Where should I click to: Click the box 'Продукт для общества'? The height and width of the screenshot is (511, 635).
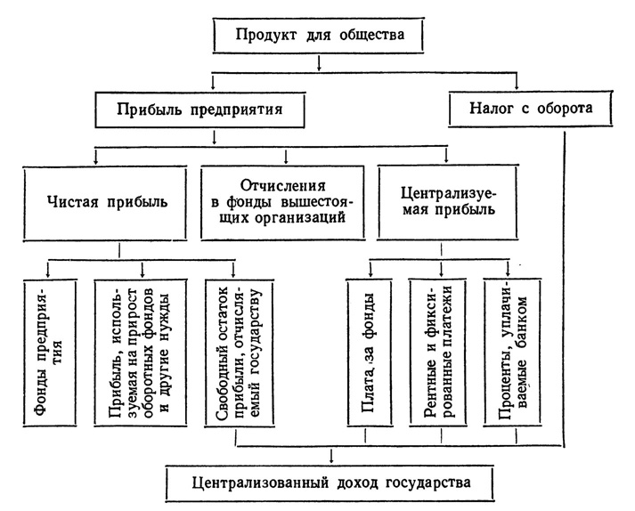318,36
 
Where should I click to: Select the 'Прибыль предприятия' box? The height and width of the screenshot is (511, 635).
199,109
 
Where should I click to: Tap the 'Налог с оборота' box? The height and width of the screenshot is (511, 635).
531,109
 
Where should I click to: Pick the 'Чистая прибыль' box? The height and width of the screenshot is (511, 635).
105,202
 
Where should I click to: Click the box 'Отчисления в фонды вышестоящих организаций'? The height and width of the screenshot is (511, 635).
282,202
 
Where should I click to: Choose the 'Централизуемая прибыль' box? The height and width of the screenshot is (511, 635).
448,202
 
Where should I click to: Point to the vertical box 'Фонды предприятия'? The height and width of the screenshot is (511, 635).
50,353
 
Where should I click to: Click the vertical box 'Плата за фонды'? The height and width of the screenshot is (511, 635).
370,353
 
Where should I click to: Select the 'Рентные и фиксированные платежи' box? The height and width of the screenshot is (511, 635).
438,353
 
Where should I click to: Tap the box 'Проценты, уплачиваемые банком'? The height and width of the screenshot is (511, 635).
513,353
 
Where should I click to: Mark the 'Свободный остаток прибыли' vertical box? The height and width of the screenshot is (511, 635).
240,353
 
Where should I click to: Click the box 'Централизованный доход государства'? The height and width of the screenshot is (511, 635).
331,484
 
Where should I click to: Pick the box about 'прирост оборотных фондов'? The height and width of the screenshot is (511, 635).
141,353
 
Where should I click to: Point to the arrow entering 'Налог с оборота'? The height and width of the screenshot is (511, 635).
517,81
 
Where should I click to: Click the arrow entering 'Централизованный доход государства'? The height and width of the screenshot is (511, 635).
331,455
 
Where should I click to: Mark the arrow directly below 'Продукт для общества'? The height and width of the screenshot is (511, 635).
319,63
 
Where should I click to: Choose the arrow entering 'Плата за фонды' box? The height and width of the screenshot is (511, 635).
370,269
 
